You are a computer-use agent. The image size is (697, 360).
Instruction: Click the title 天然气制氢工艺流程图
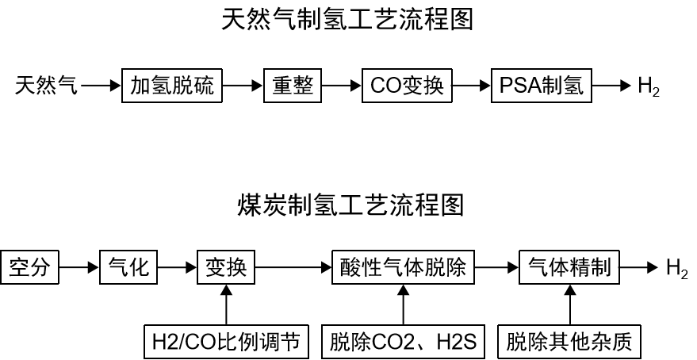pyautogui.click(x=347, y=19)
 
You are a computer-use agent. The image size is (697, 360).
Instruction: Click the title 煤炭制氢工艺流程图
pyautogui.click(x=350, y=204)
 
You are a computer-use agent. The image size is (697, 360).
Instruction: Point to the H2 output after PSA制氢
pyautogui.click(x=648, y=86)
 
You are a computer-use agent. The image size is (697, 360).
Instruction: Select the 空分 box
pyautogui.click(x=30, y=267)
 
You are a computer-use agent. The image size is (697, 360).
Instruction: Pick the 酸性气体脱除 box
pyautogui.click(x=403, y=267)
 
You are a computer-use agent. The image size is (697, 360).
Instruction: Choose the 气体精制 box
pyautogui.click(x=569, y=267)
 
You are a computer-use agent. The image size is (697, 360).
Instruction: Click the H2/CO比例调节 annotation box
pyautogui.click(x=227, y=342)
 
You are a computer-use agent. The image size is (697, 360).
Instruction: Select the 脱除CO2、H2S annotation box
pyautogui.click(x=403, y=342)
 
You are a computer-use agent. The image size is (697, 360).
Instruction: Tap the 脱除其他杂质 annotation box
pyautogui.click(x=569, y=342)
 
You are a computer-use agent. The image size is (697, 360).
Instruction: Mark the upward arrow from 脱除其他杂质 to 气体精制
pyautogui.click(x=569, y=304)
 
